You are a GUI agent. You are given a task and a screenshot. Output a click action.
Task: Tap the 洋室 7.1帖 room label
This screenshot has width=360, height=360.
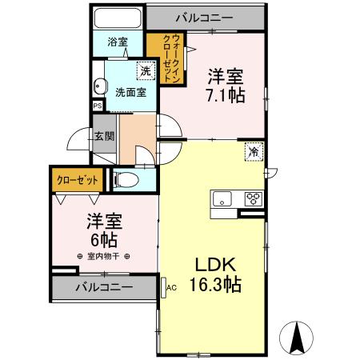coord(226,84)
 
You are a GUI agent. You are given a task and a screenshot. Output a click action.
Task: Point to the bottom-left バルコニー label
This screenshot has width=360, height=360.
coord(104,286)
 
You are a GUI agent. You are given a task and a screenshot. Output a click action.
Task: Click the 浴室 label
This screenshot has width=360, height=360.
coord(118,43)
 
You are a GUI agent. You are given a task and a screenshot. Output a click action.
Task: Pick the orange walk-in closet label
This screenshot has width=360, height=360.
coord(171,55)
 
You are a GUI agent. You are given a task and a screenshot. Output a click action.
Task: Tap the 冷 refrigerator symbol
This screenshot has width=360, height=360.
coord(252,150)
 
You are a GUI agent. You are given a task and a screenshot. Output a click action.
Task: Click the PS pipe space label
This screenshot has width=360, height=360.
coord(98,105)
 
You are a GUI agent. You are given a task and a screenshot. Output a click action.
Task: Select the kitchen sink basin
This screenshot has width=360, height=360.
coord(222,198)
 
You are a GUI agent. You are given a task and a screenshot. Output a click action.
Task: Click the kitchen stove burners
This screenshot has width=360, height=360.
coord(253,198)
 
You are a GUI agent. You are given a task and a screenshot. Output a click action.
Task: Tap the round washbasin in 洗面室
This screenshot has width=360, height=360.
coord(100,88)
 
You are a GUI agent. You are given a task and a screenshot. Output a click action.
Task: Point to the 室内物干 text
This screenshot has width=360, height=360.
coord(104,256)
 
